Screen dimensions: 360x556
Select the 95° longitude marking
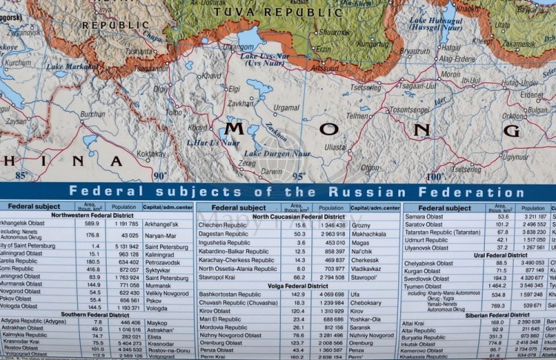click(299, 176)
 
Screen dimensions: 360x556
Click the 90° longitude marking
click(161, 176)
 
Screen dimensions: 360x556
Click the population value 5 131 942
click(122, 246)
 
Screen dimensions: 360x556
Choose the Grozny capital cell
click(361, 224)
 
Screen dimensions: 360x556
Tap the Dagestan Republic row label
click(231, 234)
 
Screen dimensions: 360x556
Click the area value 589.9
click(92, 224)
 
